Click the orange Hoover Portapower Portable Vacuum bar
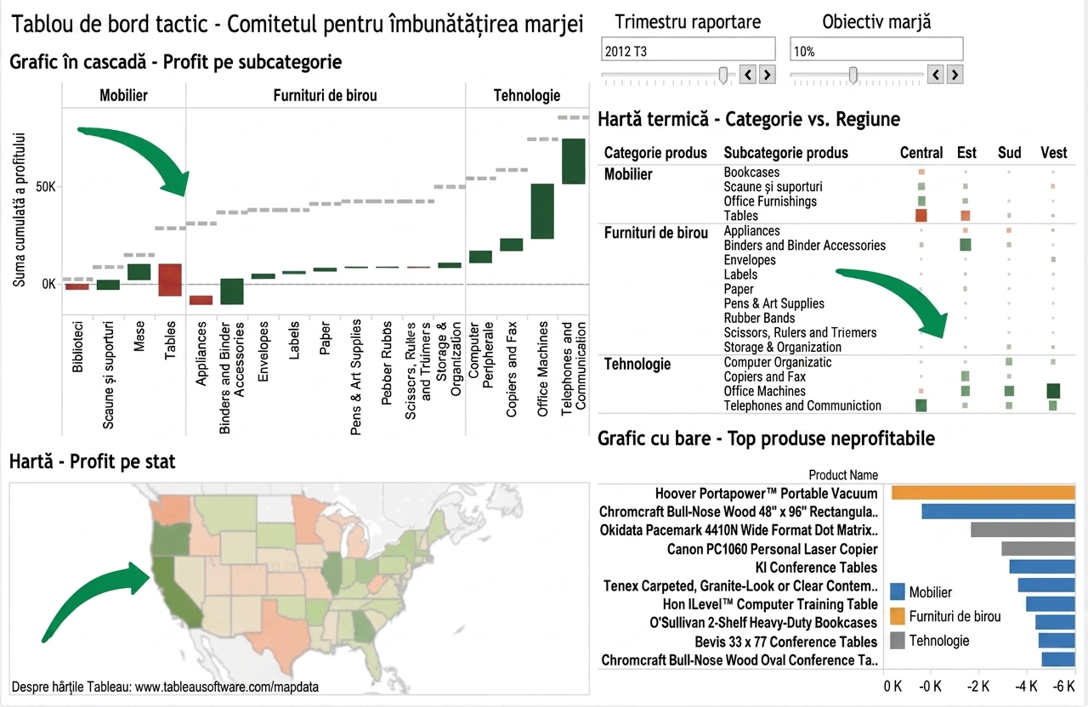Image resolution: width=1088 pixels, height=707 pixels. click(x=983, y=493)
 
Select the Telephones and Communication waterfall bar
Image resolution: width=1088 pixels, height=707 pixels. click(x=574, y=161)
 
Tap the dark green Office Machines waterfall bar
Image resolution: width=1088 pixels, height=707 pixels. click(x=542, y=212)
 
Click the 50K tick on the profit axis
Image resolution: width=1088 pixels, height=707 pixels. click(x=46, y=187)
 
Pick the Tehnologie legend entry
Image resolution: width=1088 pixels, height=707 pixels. click(x=930, y=641)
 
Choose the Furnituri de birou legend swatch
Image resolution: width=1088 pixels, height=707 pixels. click(x=897, y=616)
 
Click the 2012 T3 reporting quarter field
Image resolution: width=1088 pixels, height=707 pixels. click(x=688, y=50)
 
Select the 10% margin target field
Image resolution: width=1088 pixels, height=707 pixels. click(x=876, y=50)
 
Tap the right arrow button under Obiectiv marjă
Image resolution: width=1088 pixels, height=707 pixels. click(x=955, y=75)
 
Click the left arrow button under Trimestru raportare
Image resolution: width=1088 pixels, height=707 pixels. click(x=748, y=75)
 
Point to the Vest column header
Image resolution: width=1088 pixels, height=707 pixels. click(x=1053, y=152)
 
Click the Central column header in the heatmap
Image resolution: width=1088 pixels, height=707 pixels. click(x=921, y=152)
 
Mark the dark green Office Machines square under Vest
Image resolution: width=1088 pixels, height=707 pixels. click(x=1053, y=391)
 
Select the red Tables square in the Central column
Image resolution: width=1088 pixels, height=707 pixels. click(x=921, y=215)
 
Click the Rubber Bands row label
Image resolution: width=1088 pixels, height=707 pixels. click(x=759, y=318)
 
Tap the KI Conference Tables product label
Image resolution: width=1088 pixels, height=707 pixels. click(x=816, y=567)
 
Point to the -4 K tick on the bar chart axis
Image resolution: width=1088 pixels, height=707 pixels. click(x=1026, y=686)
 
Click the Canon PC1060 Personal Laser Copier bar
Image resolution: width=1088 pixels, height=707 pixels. click(x=1038, y=549)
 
